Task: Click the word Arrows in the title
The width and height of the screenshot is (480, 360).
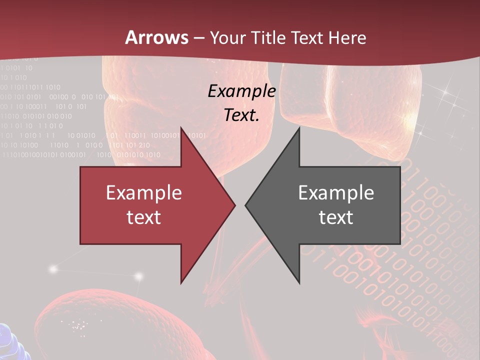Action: click(x=157, y=37)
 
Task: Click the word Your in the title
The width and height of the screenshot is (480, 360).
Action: click(x=227, y=37)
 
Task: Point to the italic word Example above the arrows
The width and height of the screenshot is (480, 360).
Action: click(x=242, y=91)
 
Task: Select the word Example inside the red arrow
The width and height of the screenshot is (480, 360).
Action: click(x=144, y=193)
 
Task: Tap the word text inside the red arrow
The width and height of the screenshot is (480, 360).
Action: click(x=144, y=217)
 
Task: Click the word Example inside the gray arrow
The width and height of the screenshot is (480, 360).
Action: click(x=336, y=193)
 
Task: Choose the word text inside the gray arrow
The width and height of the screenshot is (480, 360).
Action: click(x=336, y=217)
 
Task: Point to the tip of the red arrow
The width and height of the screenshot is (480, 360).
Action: click(x=234, y=205)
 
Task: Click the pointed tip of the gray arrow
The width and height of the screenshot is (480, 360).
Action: click(x=245, y=205)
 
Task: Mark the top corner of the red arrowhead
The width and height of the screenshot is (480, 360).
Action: click(x=181, y=128)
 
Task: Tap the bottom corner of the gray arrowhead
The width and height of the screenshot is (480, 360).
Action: click(x=299, y=282)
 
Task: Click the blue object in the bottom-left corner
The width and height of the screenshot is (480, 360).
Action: click(x=11, y=342)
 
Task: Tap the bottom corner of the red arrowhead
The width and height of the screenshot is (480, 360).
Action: click(x=181, y=282)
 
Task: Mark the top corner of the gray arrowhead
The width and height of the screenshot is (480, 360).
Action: click(x=299, y=128)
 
